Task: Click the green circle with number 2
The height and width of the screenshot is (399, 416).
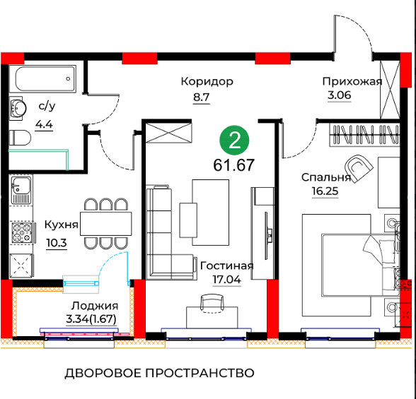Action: [234, 140]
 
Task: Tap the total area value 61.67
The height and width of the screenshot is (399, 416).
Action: [233, 165]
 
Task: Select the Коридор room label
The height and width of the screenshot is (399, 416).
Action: [207, 81]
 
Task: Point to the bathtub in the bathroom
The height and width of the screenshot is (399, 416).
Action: [45, 78]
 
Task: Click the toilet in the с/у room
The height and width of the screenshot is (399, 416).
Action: [20, 138]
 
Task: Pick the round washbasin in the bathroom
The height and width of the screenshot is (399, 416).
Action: [18, 108]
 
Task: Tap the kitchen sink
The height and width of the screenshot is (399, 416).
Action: [21, 189]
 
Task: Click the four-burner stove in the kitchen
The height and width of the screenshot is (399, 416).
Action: [23, 233]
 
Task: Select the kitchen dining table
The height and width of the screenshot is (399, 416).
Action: [106, 223]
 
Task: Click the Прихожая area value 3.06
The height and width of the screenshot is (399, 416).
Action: [339, 95]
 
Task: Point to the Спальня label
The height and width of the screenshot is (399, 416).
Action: [326, 177]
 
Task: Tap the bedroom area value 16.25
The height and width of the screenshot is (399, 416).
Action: [325, 191]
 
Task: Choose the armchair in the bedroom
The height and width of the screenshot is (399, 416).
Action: [359, 168]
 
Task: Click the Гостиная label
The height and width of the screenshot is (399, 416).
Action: [227, 266]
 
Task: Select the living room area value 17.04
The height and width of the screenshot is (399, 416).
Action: [226, 280]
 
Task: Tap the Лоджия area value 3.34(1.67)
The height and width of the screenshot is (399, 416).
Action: [91, 318]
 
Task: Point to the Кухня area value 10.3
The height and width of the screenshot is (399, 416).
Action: [57, 243]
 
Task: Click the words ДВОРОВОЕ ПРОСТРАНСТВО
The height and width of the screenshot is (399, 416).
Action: [159, 374]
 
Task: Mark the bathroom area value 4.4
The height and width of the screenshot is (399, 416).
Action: [44, 124]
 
